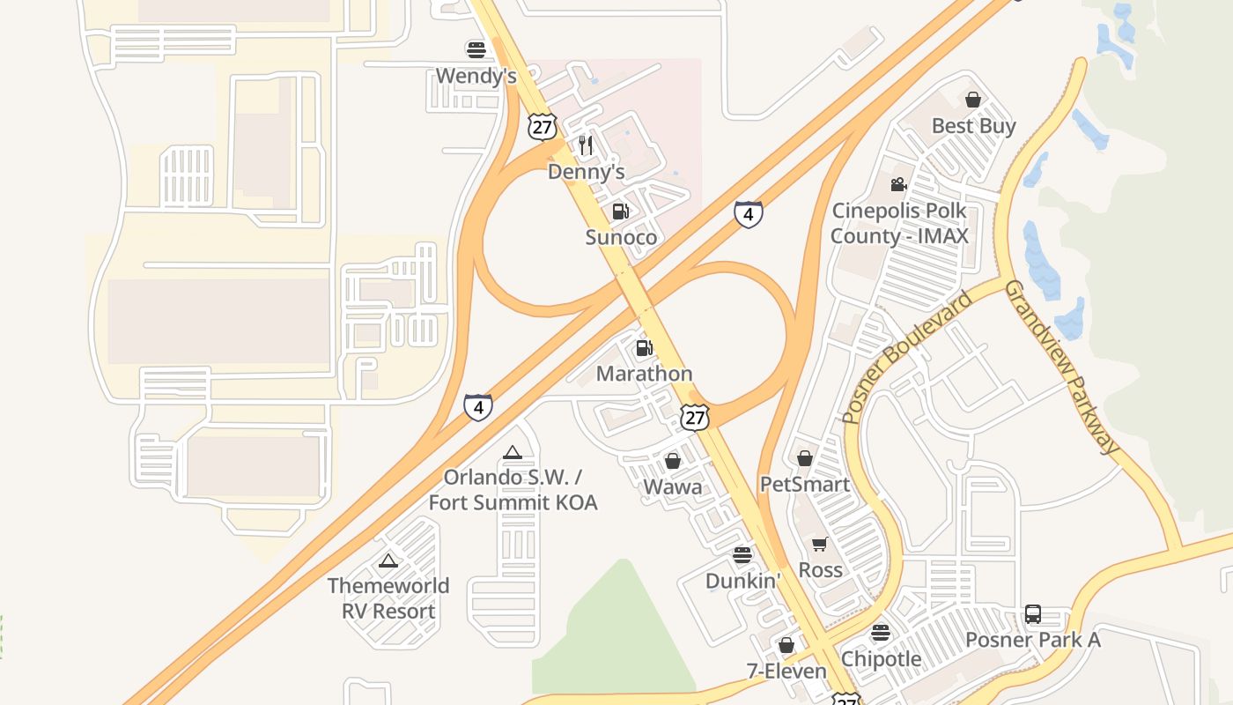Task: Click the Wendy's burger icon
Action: pyautogui.click(x=476, y=49)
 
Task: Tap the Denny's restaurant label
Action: pyautogui.click(x=586, y=172)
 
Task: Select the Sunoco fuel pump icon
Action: pyautogui.click(x=621, y=211)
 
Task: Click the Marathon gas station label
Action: pyautogui.click(x=644, y=374)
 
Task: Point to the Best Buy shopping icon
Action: pyautogui.click(x=973, y=100)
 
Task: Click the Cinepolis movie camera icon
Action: pyautogui.click(x=898, y=185)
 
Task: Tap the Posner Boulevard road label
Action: pyautogui.click(x=908, y=356)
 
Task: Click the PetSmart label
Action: pyautogui.click(x=804, y=485)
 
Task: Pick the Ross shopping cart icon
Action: pyautogui.click(x=820, y=545)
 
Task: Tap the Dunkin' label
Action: pyautogui.click(x=742, y=582)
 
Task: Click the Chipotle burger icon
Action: pyautogui.click(x=880, y=633)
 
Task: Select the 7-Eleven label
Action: pyautogui.click(x=786, y=672)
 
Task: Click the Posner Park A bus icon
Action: pyautogui.click(x=1033, y=614)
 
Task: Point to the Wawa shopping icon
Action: pyautogui.click(x=673, y=461)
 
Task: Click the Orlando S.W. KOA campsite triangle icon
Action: pyautogui.click(x=513, y=453)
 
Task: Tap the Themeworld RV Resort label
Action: pyautogui.click(x=388, y=598)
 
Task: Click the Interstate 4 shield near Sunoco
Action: pyautogui.click(x=748, y=214)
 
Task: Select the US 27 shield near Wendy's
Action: pyautogui.click(x=543, y=127)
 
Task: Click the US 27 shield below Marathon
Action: pyautogui.click(x=695, y=418)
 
